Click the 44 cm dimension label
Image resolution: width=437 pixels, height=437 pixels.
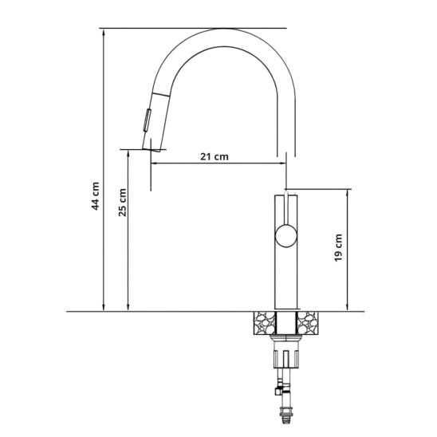point(96,196)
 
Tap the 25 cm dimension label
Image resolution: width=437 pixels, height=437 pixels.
point(122,203)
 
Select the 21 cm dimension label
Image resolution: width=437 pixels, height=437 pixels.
point(215,156)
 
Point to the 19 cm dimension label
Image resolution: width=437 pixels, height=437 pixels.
point(338,248)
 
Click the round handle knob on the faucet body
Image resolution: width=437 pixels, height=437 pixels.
point(286,236)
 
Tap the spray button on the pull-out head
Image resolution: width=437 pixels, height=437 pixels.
point(147,120)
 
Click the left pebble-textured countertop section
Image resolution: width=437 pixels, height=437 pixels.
point(265,323)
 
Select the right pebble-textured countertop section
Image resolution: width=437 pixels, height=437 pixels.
point(308,323)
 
